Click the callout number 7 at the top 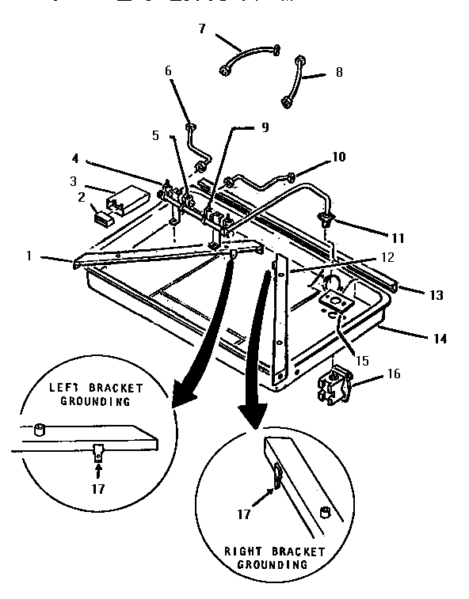(x=201, y=28)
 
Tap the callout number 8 (x=339, y=71)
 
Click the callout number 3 (x=72, y=181)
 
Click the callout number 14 (x=440, y=339)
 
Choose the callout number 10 (x=338, y=157)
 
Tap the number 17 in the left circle (x=97, y=489)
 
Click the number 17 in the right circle (x=244, y=514)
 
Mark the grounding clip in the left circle (x=97, y=455)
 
